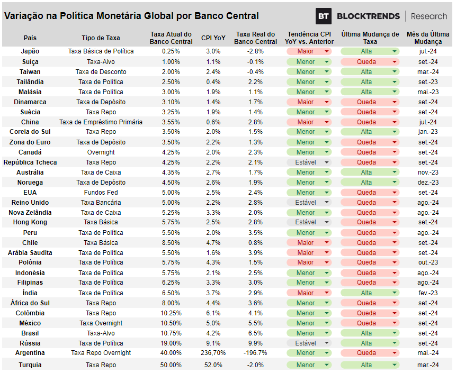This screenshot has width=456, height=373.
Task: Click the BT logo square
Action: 324,16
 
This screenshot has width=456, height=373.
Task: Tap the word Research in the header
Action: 429,16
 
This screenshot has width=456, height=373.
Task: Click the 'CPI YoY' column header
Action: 213,38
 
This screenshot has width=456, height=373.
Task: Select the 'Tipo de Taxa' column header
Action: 101,38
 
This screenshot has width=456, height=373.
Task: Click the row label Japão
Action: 30,51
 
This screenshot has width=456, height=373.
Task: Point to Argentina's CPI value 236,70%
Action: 213,353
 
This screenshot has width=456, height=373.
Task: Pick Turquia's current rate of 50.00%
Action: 171,365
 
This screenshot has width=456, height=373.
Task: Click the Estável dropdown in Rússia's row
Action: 309,343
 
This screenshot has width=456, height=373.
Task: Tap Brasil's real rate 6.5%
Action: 255,333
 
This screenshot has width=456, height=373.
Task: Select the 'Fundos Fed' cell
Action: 101,193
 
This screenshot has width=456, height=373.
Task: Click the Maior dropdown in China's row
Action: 309,122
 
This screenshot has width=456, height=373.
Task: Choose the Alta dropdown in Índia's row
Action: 370,293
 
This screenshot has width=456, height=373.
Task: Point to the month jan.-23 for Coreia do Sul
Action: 428,132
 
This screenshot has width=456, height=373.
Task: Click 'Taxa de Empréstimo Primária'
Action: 101,122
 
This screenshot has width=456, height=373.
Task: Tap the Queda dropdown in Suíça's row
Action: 370,62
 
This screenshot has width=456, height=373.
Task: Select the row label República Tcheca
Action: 30,162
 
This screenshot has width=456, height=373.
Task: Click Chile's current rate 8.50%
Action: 171,242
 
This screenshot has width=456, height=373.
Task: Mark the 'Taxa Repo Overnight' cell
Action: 101,353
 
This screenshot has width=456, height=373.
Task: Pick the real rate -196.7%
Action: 255,353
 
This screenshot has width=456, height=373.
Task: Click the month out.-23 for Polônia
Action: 428,262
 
